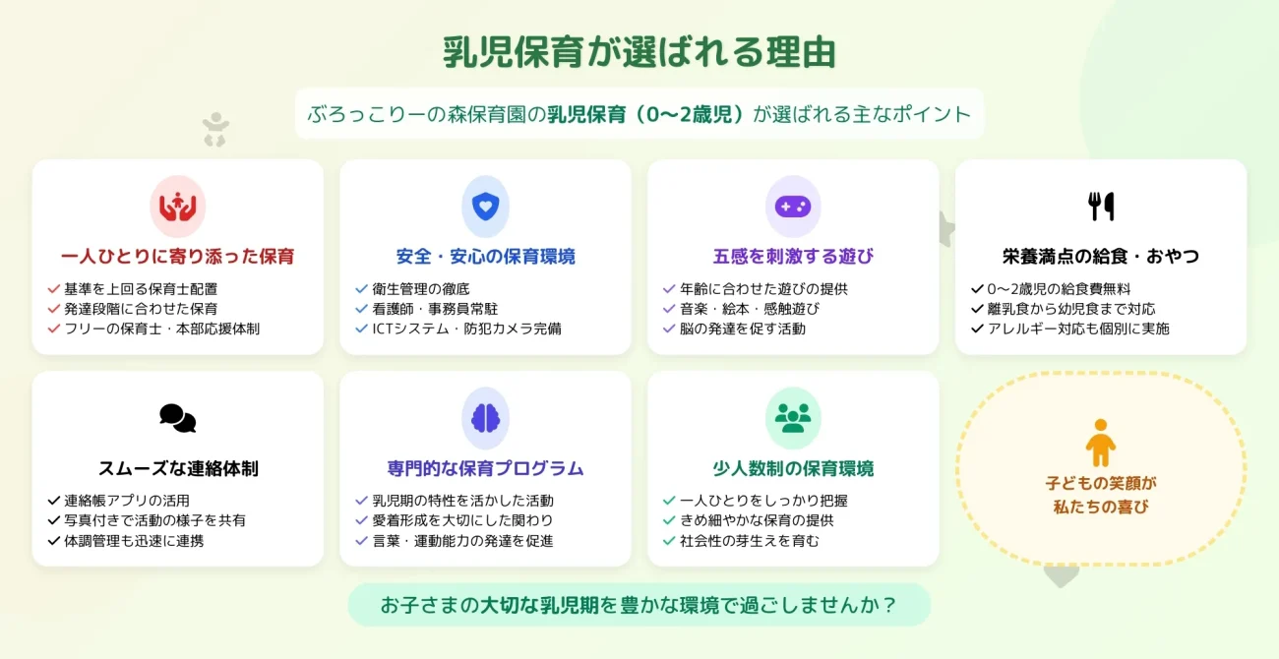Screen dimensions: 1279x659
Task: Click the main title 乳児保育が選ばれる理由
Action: tap(639, 52)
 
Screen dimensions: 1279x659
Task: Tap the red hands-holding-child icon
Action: tap(177, 207)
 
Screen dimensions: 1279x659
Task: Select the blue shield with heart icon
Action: tap(485, 207)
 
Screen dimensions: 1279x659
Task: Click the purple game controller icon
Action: tap(793, 207)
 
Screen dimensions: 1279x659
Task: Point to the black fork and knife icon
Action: tap(1101, 207)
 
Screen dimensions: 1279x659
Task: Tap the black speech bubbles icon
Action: tap(177, 418)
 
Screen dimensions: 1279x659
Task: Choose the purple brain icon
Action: tap(485, 418)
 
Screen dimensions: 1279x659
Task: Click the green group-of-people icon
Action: tap(793, 418)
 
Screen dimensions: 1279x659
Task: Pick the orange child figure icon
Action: tap(1101, 443)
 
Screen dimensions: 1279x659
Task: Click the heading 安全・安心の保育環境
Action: tap(485, 257)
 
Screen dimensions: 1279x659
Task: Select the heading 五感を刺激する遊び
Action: tap(793, 257)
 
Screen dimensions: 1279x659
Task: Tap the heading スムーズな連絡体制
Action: tap(178, 468)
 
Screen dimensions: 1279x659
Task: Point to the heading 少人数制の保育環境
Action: tap(793, 468)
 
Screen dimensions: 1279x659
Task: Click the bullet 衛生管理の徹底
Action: tap(421, 289)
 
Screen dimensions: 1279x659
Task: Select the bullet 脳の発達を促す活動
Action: tap(742, 329)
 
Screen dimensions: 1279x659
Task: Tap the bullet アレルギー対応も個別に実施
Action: tap(1078, 329)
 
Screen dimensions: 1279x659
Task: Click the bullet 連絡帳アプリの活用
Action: tap(127, 501)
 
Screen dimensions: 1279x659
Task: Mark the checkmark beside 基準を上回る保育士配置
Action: tap(54, 289)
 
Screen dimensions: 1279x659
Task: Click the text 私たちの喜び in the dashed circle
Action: tap(1101, 508)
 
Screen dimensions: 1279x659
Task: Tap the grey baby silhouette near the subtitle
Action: tap(215, 130)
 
